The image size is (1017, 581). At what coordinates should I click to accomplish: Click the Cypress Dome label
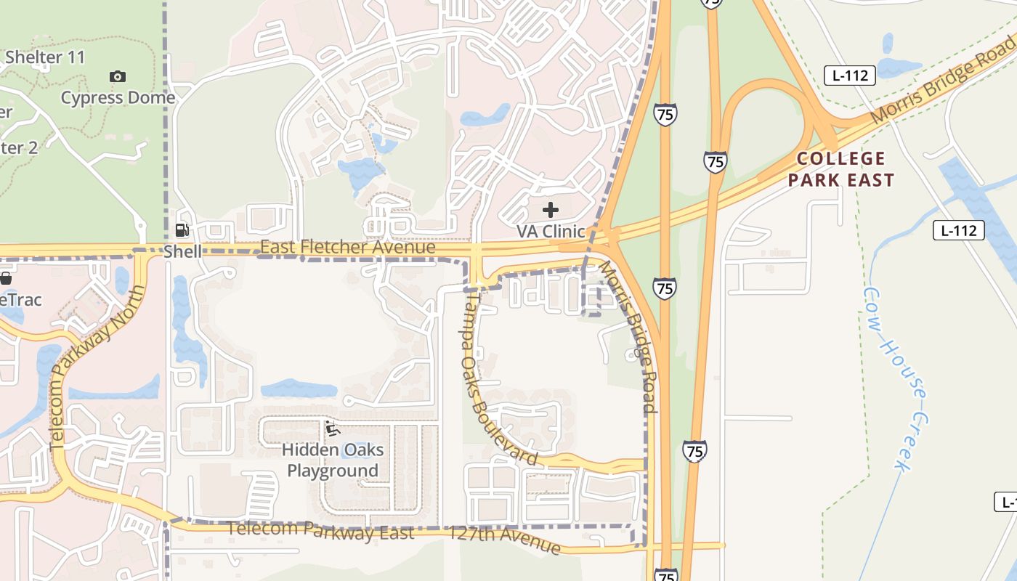click(118, 98)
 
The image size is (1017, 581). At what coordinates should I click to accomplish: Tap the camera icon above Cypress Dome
click(118, 76)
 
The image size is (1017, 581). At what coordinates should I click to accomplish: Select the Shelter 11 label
click(45, 57)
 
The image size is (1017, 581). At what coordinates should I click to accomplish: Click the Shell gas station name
click(182, 251)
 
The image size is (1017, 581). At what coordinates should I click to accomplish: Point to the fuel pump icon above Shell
click(182, 231)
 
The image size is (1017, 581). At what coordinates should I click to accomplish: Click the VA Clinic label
click(551, 231)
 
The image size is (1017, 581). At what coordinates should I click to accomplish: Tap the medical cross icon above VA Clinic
click(551, 211)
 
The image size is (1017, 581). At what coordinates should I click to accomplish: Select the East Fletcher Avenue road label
click(348, 248)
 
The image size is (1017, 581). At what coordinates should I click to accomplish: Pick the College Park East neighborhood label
click(841, 169)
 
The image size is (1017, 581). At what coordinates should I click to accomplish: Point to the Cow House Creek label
click(895, 378)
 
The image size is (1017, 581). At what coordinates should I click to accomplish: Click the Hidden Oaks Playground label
click(333, 460)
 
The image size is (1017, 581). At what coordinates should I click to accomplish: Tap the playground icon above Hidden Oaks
click(333, 429)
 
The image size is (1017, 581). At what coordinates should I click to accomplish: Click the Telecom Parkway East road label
click(320, 530)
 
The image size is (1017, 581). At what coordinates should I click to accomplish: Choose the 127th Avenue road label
click(504, 539)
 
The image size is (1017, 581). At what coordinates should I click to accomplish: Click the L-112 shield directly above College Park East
click(849, 76)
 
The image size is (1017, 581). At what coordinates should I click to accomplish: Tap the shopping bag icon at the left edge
click(6, 278)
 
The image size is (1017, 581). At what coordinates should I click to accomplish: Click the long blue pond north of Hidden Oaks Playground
click(299, 389)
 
